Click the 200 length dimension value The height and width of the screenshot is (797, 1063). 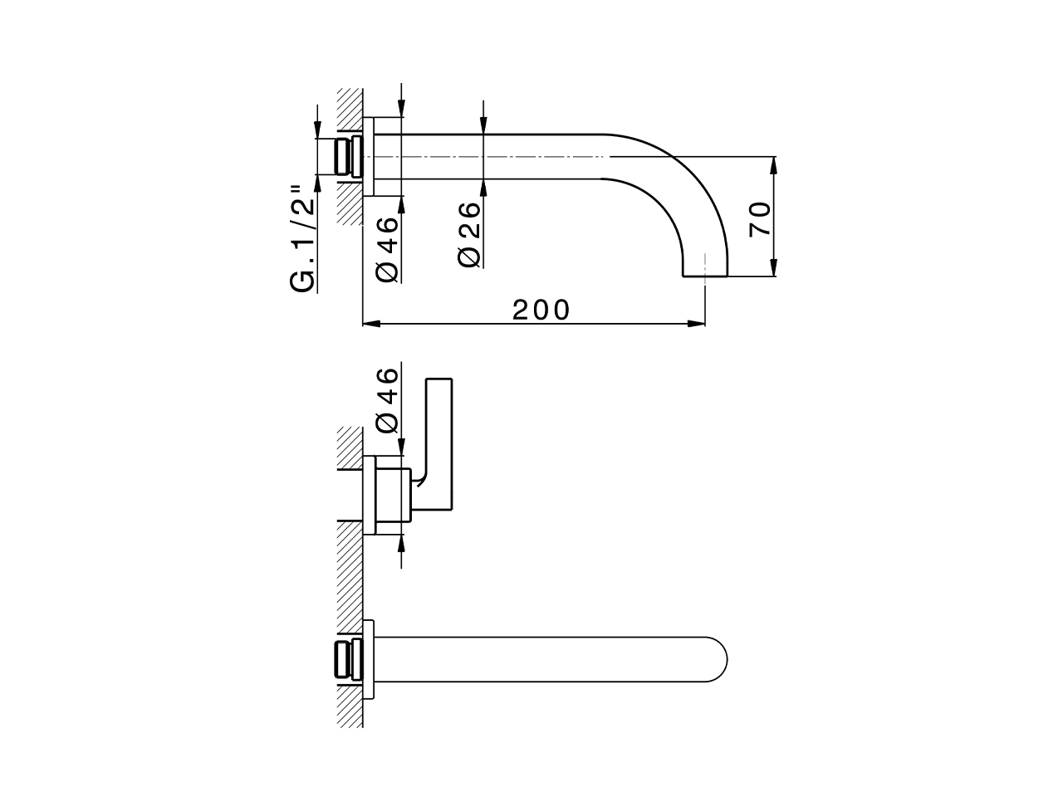[541, 310]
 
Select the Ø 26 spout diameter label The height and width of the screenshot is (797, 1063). [469, 233]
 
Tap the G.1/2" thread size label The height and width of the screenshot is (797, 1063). [304, 242]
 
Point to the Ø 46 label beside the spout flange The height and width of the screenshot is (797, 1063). [388, 248]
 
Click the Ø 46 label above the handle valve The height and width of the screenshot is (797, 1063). [388, 400]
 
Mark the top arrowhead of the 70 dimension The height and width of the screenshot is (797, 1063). [773, 163]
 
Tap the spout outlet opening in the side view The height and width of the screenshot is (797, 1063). [705, 274]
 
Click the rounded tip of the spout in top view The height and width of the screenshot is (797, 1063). [721, 660]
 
